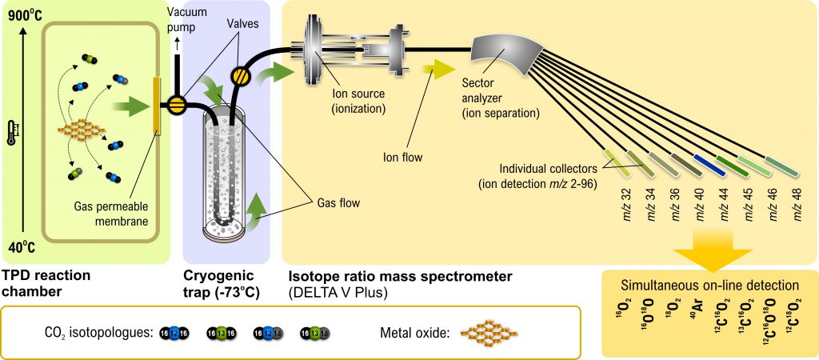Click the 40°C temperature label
pyautogui.click(x=19, y=247)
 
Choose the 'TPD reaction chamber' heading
pyautogui.click(x=46, y=283)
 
